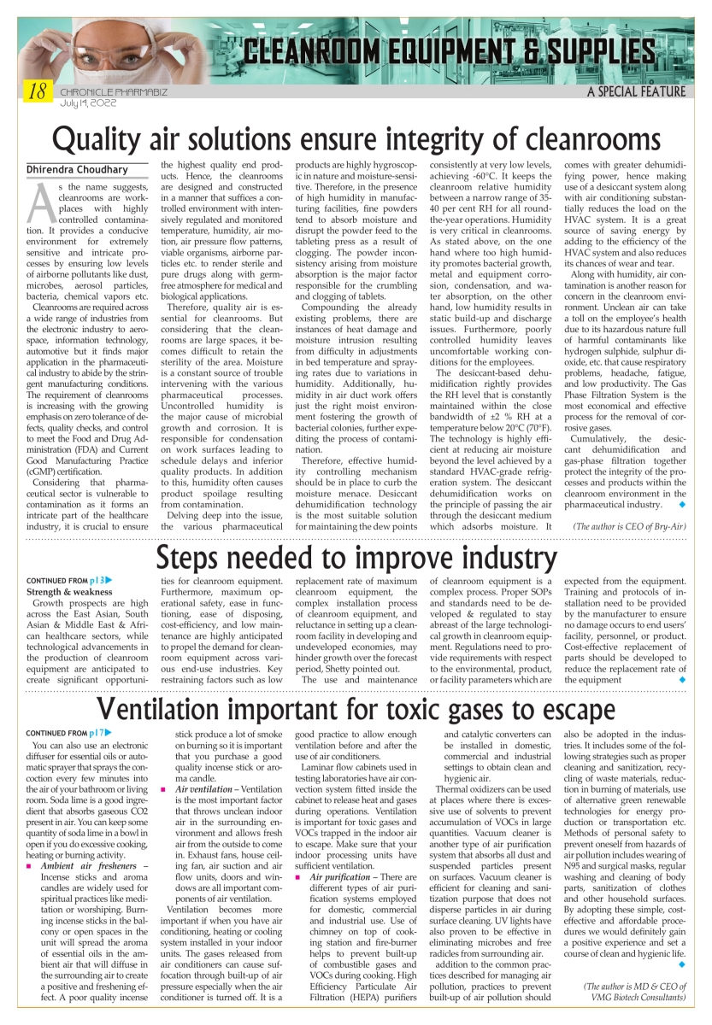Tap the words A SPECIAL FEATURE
tap(636, 91)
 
